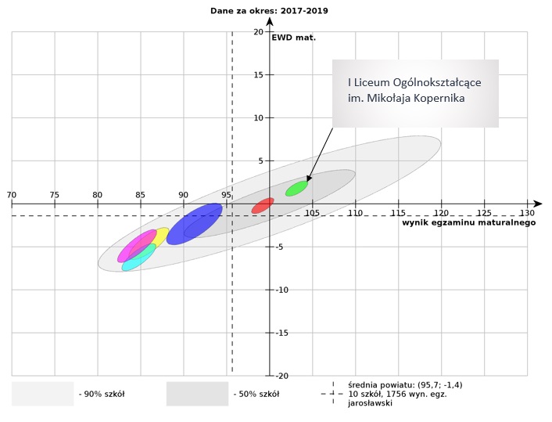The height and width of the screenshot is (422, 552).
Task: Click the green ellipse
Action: pyautogui.click(x=296, y=188)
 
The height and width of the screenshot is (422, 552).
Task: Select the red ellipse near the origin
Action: pyautogui.click(x=263, y=206)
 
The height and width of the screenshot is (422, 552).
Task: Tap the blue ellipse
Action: pyautogui.click(x=195, y=224)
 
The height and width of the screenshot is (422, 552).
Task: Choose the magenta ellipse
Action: pyautogui.click(x=137, y=246)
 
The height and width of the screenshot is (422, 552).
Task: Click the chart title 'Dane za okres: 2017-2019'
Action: pyautogui.click(x=268, y=10)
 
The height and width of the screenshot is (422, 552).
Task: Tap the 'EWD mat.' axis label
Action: pyautogui.click(x=293, y=37)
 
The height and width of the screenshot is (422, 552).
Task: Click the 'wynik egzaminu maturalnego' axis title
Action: pyautogui.click(x=468, y=223)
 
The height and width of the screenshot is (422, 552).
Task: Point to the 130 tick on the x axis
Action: pyautogui.click(x=527, y=213)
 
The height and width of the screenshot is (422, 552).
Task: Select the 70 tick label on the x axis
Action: pyautogui.click(x=11, y=195)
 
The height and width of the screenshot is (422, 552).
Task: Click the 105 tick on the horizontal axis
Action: pyautogui.click(x=312, y=213)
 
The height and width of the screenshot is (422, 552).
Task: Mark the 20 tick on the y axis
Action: pyautogui.click(x=258, y=32)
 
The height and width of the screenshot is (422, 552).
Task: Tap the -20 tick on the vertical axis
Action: pyautogui.click(x=256, y=376)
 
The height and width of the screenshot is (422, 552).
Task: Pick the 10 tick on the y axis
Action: pyautogui.click(x=258, y=118)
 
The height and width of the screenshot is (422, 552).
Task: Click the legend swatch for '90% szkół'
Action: pyautogui.click(x=42, y=394)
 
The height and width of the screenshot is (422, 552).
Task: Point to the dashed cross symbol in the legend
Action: pyautogui.click(x=334, y=394)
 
